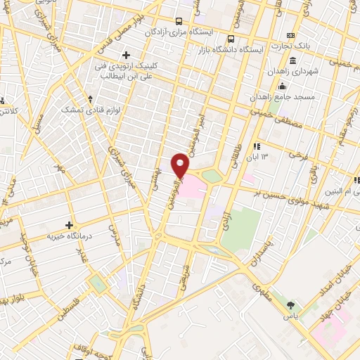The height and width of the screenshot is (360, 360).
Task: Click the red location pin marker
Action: coord(181,165)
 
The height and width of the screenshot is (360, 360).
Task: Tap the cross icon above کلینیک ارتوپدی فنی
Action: coord(127,55)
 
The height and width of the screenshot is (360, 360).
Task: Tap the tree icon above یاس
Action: coord(291,305)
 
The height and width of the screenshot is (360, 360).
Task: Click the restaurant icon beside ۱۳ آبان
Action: coord(257,146)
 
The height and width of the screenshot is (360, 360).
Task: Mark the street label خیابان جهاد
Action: coord(341,292)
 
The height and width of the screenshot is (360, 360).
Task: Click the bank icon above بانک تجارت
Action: coord(289,35)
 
